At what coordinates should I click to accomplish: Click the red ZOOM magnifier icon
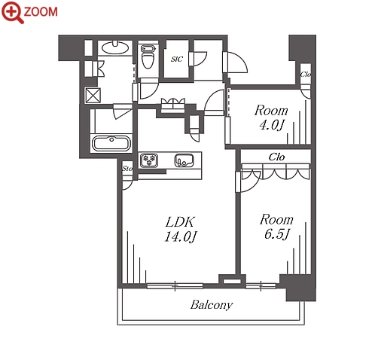pos(12,12)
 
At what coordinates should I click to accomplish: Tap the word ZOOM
pos(41,12)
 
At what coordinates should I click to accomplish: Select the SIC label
pos(177,59)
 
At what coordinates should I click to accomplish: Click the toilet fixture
pos(148,56)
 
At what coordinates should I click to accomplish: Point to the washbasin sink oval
pos(115,47)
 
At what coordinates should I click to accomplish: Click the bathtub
pos(111,143)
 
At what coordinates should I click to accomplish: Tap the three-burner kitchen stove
pos(149,160)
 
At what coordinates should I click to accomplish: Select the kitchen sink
pos(184,160)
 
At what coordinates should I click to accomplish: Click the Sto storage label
pos(127,169)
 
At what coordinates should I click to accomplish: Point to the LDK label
pos(180,222)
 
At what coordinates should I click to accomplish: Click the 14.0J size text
pos(180,236)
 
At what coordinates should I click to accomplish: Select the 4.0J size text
pos(271,125)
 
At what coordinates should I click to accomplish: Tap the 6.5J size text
pos(277,234)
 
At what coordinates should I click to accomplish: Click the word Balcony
pos(212,305)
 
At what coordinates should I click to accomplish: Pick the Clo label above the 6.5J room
pos(276,157)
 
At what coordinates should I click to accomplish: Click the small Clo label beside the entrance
pos(306,75)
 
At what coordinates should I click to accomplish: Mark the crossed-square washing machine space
pos(93,95)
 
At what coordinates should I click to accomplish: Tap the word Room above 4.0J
pos(271,111)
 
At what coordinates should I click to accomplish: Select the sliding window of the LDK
pos(175,285)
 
